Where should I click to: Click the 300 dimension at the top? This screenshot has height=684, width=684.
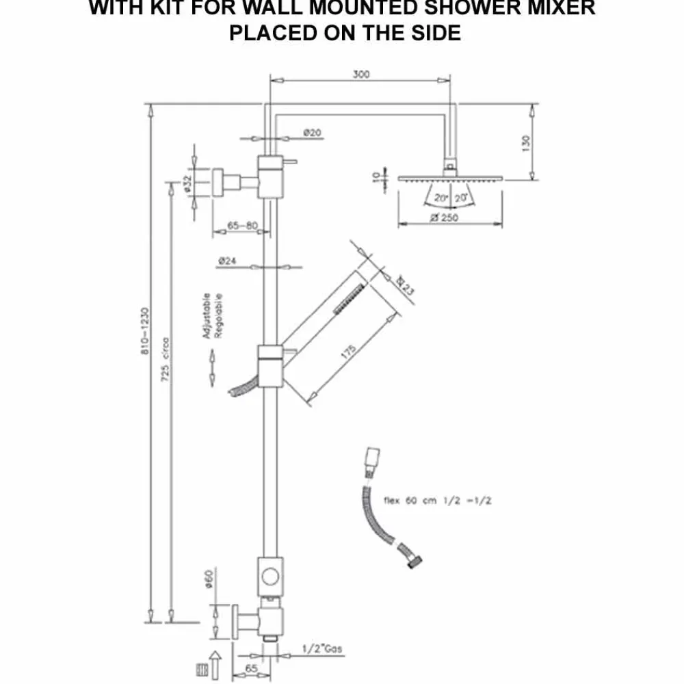(x=361, y=75)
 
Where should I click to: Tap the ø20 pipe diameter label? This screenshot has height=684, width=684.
(x=312, y=133)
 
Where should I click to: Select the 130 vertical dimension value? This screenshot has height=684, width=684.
(x=525, y=144)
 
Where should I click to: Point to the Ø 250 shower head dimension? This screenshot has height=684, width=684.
(x=445, y=218)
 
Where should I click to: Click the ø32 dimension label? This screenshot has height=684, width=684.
(x=187, y=184)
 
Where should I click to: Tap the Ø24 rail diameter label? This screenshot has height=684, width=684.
(x=228, y=261)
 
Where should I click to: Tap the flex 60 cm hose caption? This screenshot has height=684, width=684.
(x=447, y=500)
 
